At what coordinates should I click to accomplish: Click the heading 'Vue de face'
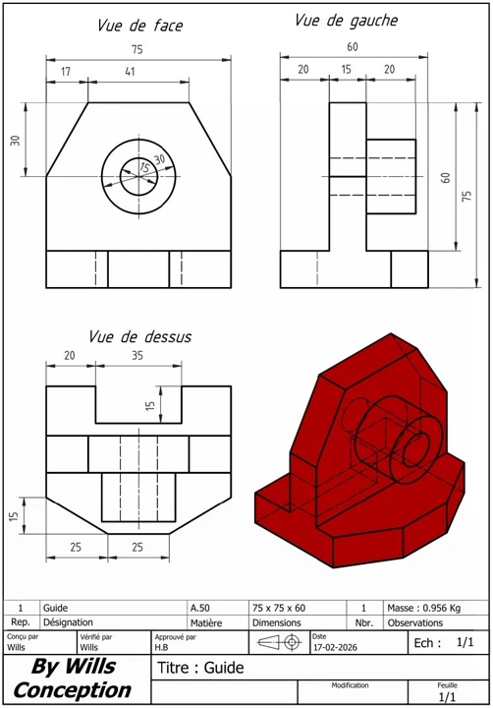click(x=139, y=27)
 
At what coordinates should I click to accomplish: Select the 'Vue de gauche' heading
click(x=346, y=21)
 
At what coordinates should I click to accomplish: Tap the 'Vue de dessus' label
click(x=140, y=336)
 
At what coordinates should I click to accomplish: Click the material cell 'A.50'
click(x=200, y=609)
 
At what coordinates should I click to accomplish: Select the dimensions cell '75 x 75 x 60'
click(x=279, y=609)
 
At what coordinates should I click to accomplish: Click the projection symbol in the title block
click(x=280, y=642)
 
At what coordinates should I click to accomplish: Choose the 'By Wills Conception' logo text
click(x=73, y=678)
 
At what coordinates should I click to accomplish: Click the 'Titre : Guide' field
click(x=200, y=669)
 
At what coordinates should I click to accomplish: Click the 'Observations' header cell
click(x=415, y=622)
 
